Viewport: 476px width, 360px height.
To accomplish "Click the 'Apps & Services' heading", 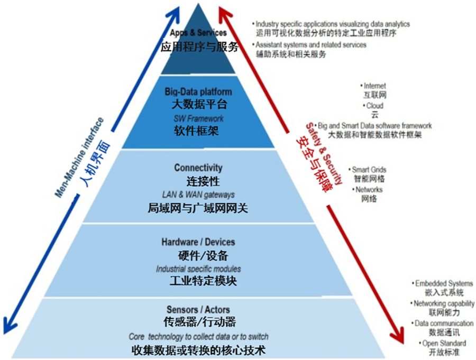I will (198, 33).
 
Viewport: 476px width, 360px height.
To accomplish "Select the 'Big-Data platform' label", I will (198, 92).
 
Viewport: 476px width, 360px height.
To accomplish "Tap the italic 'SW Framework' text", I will (199, 118).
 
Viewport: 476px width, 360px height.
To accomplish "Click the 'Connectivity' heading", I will (198, 168).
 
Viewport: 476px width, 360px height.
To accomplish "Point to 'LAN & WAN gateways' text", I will (198, 195).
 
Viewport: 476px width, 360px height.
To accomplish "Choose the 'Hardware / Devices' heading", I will (198, 242).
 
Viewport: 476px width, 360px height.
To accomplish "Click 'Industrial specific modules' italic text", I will (198, 269).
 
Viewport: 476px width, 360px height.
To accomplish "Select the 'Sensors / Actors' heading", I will (198, 309).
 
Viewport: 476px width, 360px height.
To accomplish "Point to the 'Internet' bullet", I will (375, 86).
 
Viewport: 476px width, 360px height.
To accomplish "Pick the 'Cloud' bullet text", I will (375, 106).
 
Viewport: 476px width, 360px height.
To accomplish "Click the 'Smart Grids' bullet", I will (370, 170).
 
